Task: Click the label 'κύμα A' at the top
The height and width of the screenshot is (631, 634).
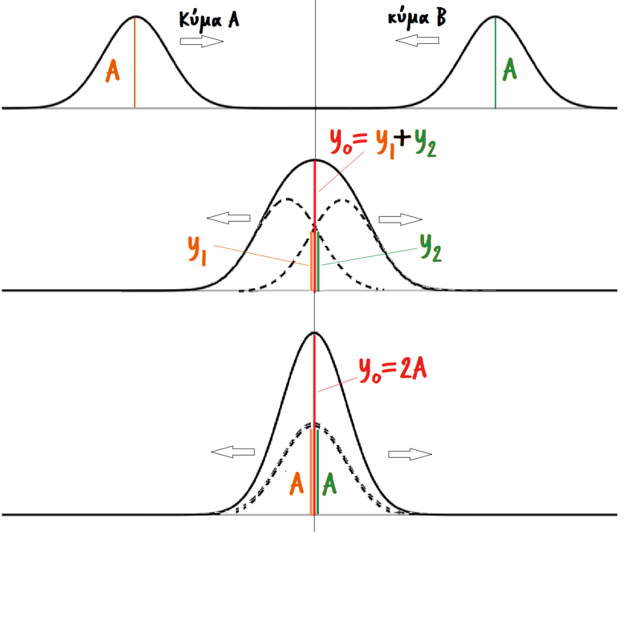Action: point(210,20)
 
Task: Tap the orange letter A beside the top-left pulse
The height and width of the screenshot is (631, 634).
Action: point(113,72)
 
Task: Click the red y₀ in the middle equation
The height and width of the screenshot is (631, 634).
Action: point(340,142)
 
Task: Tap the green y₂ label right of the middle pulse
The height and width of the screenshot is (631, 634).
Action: point(430,251)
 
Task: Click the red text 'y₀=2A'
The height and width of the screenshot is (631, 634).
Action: point(392,372)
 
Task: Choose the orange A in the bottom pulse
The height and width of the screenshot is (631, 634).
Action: point(297,483)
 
